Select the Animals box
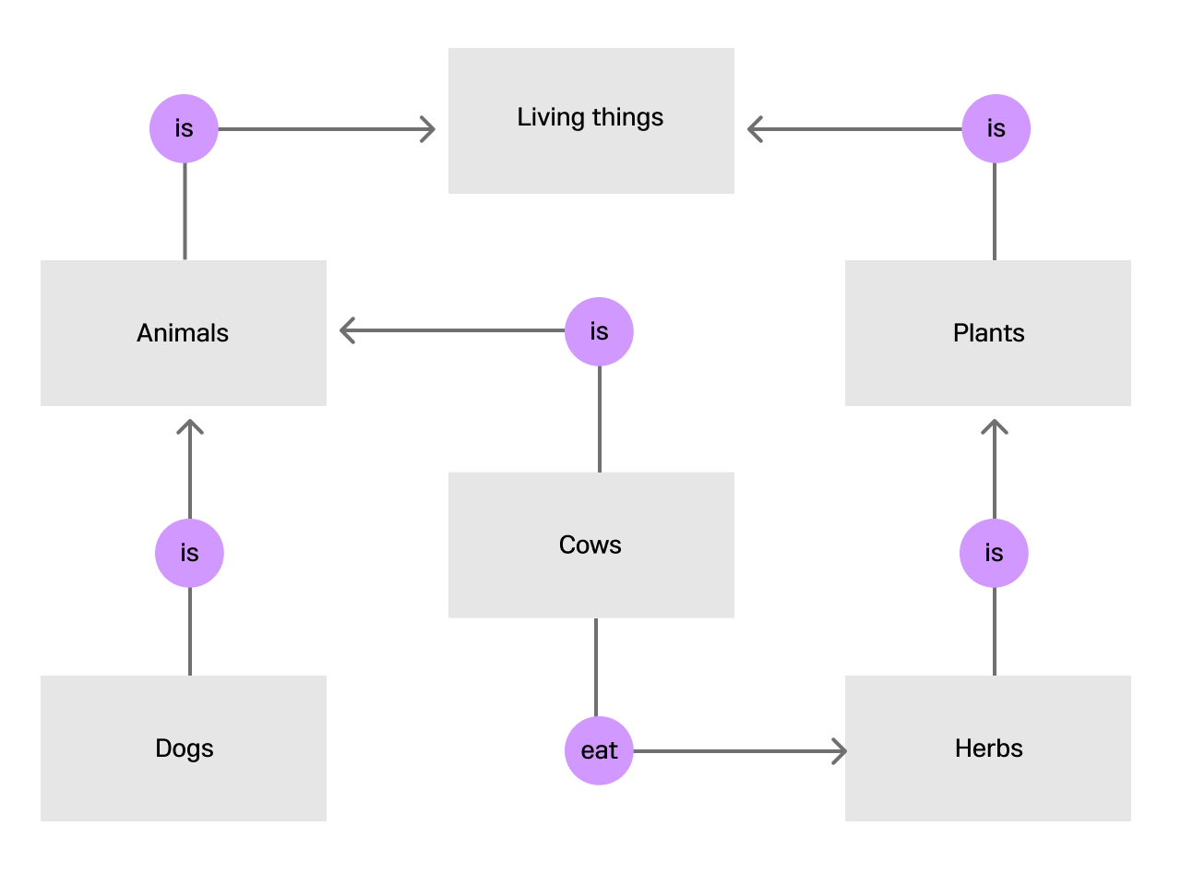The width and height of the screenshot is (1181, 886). click(x=183, y=333)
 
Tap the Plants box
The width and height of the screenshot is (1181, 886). click(x=988, y=333)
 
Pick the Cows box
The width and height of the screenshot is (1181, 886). click(x=590, y=545)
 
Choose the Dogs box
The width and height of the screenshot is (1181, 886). click(x=183, y=748)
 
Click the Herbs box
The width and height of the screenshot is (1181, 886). click(x=988, y=748)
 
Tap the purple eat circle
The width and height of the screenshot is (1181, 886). click(x=599, y=750)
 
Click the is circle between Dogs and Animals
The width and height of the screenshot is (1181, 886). click(x=189, y=553)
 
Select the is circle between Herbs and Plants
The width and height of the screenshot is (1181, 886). click(x=994, y=553)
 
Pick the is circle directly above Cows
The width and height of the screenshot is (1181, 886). click(x=599, y=331)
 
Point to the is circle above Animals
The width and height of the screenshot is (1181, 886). click(x=184, y=128)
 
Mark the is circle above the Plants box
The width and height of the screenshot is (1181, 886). click(x=996, y=128)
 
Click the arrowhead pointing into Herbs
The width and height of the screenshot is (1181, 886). click(x=840, y=751)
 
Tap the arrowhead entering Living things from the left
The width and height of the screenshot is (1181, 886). click(x=429, y=129)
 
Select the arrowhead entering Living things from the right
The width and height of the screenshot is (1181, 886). click(x=754, y=129)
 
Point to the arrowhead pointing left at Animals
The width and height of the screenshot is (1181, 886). click(x=347, y=330)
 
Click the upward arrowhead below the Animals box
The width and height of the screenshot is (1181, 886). click(x=190, y=426)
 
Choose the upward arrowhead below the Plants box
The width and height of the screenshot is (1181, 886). click(x=995, y=426)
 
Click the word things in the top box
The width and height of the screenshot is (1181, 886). click(x=627, y=118)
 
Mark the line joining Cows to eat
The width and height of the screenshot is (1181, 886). click(x=596, y=666)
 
